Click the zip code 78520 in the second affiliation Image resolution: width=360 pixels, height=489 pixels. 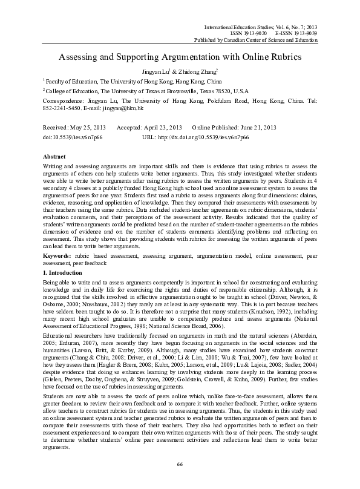[x=222, y=90]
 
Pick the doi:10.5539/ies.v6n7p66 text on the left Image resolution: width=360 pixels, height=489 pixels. [x=72, y=137]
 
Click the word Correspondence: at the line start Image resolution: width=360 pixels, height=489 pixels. [x=62, y=101]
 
